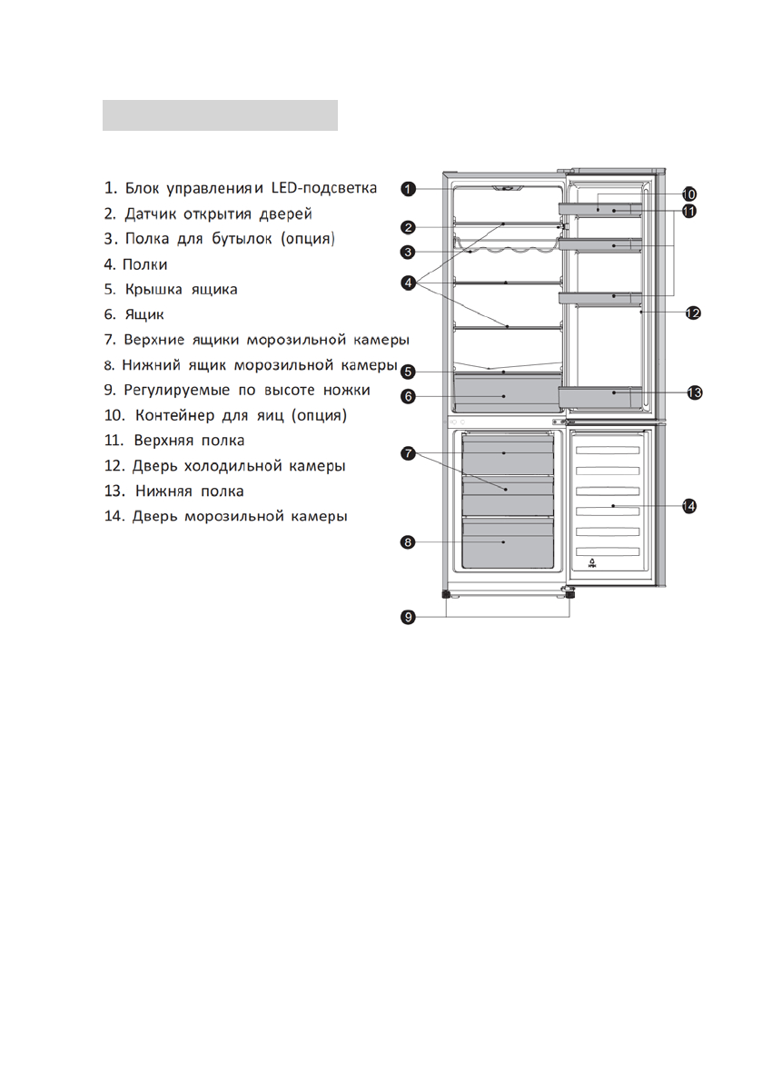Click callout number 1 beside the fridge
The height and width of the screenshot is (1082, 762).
pos(409,189)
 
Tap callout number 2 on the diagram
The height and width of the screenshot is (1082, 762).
pos(409,227)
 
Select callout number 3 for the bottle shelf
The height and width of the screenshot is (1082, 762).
pos(409,252)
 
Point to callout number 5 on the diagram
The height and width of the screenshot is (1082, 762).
pos(409,371)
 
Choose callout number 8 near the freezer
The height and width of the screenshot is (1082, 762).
pos(409,542)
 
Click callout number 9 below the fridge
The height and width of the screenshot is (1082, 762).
pos(409,617)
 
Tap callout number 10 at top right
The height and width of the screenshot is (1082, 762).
pos(688,194)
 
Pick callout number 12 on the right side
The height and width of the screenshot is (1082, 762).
pos(692,313)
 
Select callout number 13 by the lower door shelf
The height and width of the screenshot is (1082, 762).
pos(694,392)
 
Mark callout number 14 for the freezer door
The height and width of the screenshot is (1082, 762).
pos(689,505)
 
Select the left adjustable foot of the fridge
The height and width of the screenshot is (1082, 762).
pos(447,594)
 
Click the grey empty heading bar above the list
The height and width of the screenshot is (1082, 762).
pos(220,115)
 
